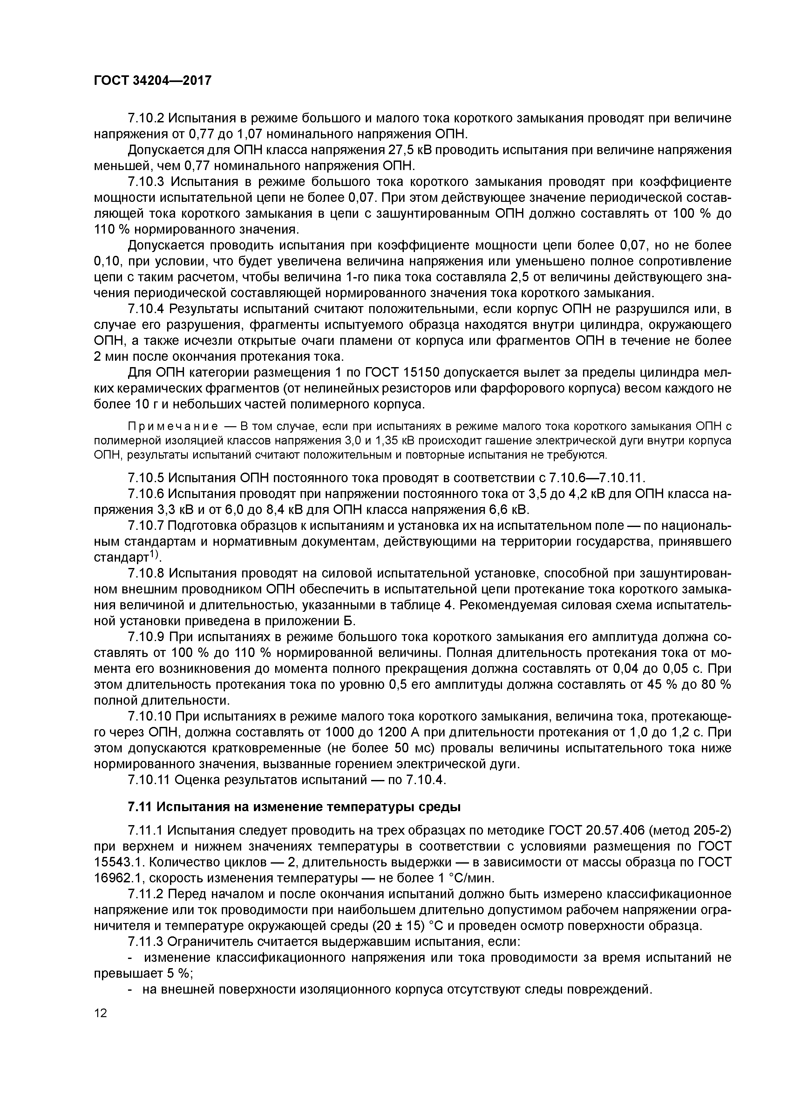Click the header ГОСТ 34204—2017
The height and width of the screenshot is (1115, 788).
[x=153, y=80]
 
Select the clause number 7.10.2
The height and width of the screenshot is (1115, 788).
[x=146, y=118]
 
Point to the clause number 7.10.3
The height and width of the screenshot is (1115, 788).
[x=146, y=182]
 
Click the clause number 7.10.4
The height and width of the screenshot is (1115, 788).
[x=146, y=309]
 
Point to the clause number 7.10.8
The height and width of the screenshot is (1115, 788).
[x=146, y=573]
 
